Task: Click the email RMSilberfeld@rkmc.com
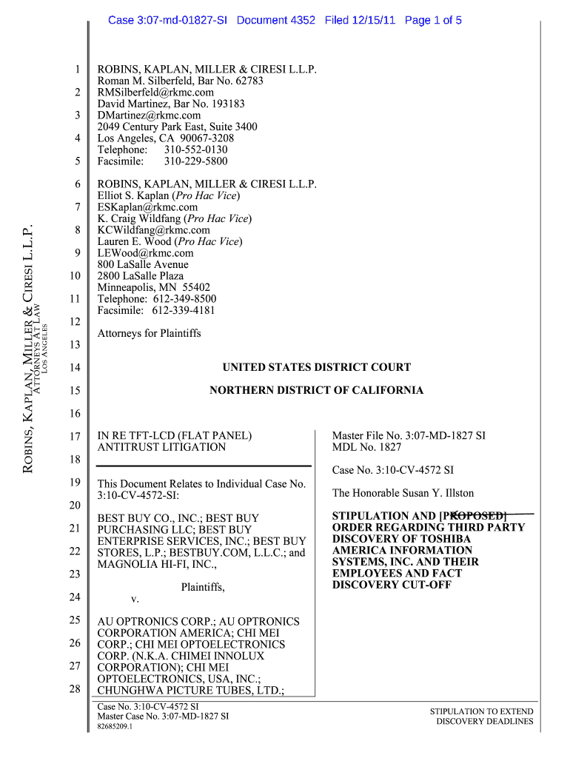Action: (x=155, y=93)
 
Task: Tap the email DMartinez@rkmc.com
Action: (x=149, y=115)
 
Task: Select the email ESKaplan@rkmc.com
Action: (x=147, y=207)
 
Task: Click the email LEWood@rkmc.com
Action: (x=145, y=253)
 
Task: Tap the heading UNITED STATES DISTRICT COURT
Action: (x=316, y=367)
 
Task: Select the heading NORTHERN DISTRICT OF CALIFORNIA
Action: (x=316, y=390)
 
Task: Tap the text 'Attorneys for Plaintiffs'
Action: (x=149, y=334)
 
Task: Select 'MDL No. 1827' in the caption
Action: (x=366, y=447)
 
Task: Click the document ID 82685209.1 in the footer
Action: (x=115, y=727)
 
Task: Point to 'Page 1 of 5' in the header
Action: (x=433, y=20)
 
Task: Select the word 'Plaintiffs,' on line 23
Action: (x=202, y=587)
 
